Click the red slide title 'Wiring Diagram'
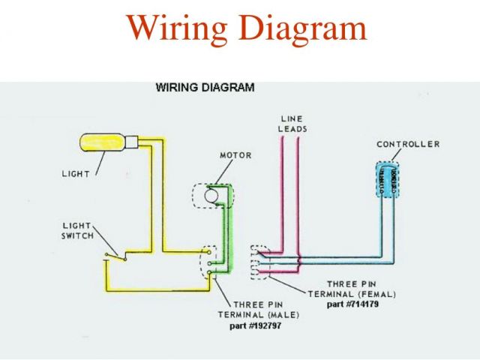point(247,28)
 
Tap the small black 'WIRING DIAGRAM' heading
point(204,87)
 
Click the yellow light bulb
point(103,142)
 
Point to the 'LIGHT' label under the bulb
point(75,174)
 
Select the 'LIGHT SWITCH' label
point(78,230)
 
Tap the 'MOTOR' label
point(235,155)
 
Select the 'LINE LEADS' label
point(292,124)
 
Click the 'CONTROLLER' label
point(408,144)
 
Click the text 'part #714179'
point(354,304)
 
